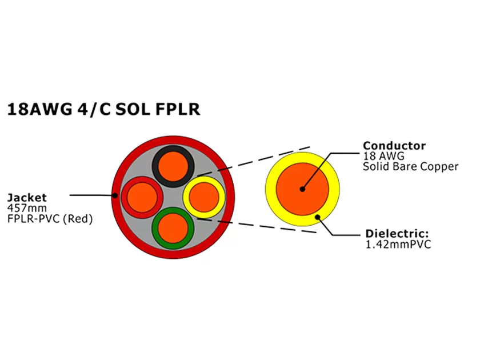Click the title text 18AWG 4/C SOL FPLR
coord(103,109)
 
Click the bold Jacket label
coord(27,198)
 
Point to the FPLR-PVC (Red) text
coord(50,218)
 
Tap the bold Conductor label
coord(394,145)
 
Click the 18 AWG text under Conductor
coord(382,155)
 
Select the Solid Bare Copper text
coord(410,166)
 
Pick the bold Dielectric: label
coord(397,234)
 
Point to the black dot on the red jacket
coord(115,195)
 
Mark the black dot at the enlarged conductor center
coord(302,189)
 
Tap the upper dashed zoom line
coord(257,158)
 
